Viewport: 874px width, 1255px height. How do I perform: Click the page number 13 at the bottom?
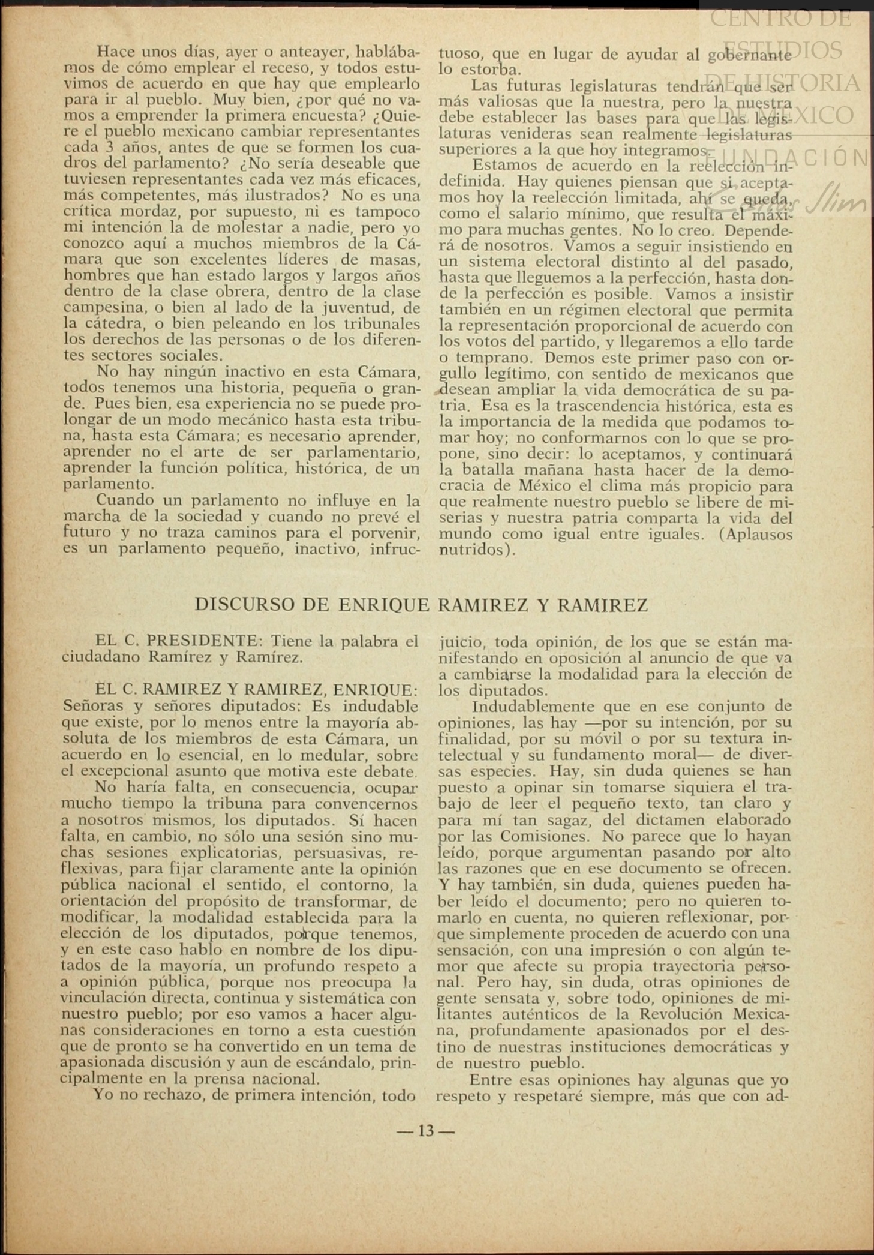click(426, 1131)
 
